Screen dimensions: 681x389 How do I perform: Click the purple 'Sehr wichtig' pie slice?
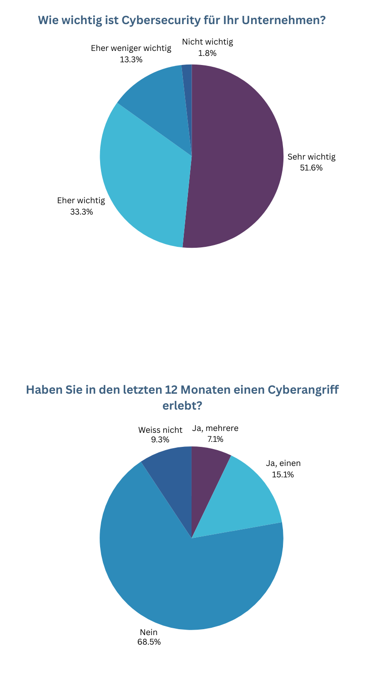click(237, 159)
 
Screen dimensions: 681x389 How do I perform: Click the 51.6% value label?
click(311, 168)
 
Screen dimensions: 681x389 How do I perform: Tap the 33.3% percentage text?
click(81, 211)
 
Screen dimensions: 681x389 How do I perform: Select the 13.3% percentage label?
click(131, 60)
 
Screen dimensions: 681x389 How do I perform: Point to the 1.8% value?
click(207, 53)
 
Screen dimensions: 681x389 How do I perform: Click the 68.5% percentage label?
click(149, 642)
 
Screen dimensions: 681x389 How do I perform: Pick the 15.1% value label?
click(283, 475)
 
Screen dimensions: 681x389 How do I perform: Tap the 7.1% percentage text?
click(215, 439)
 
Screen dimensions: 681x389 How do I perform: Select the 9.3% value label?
click(160, 440)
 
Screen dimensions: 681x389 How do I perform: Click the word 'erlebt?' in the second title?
click(182, 405)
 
